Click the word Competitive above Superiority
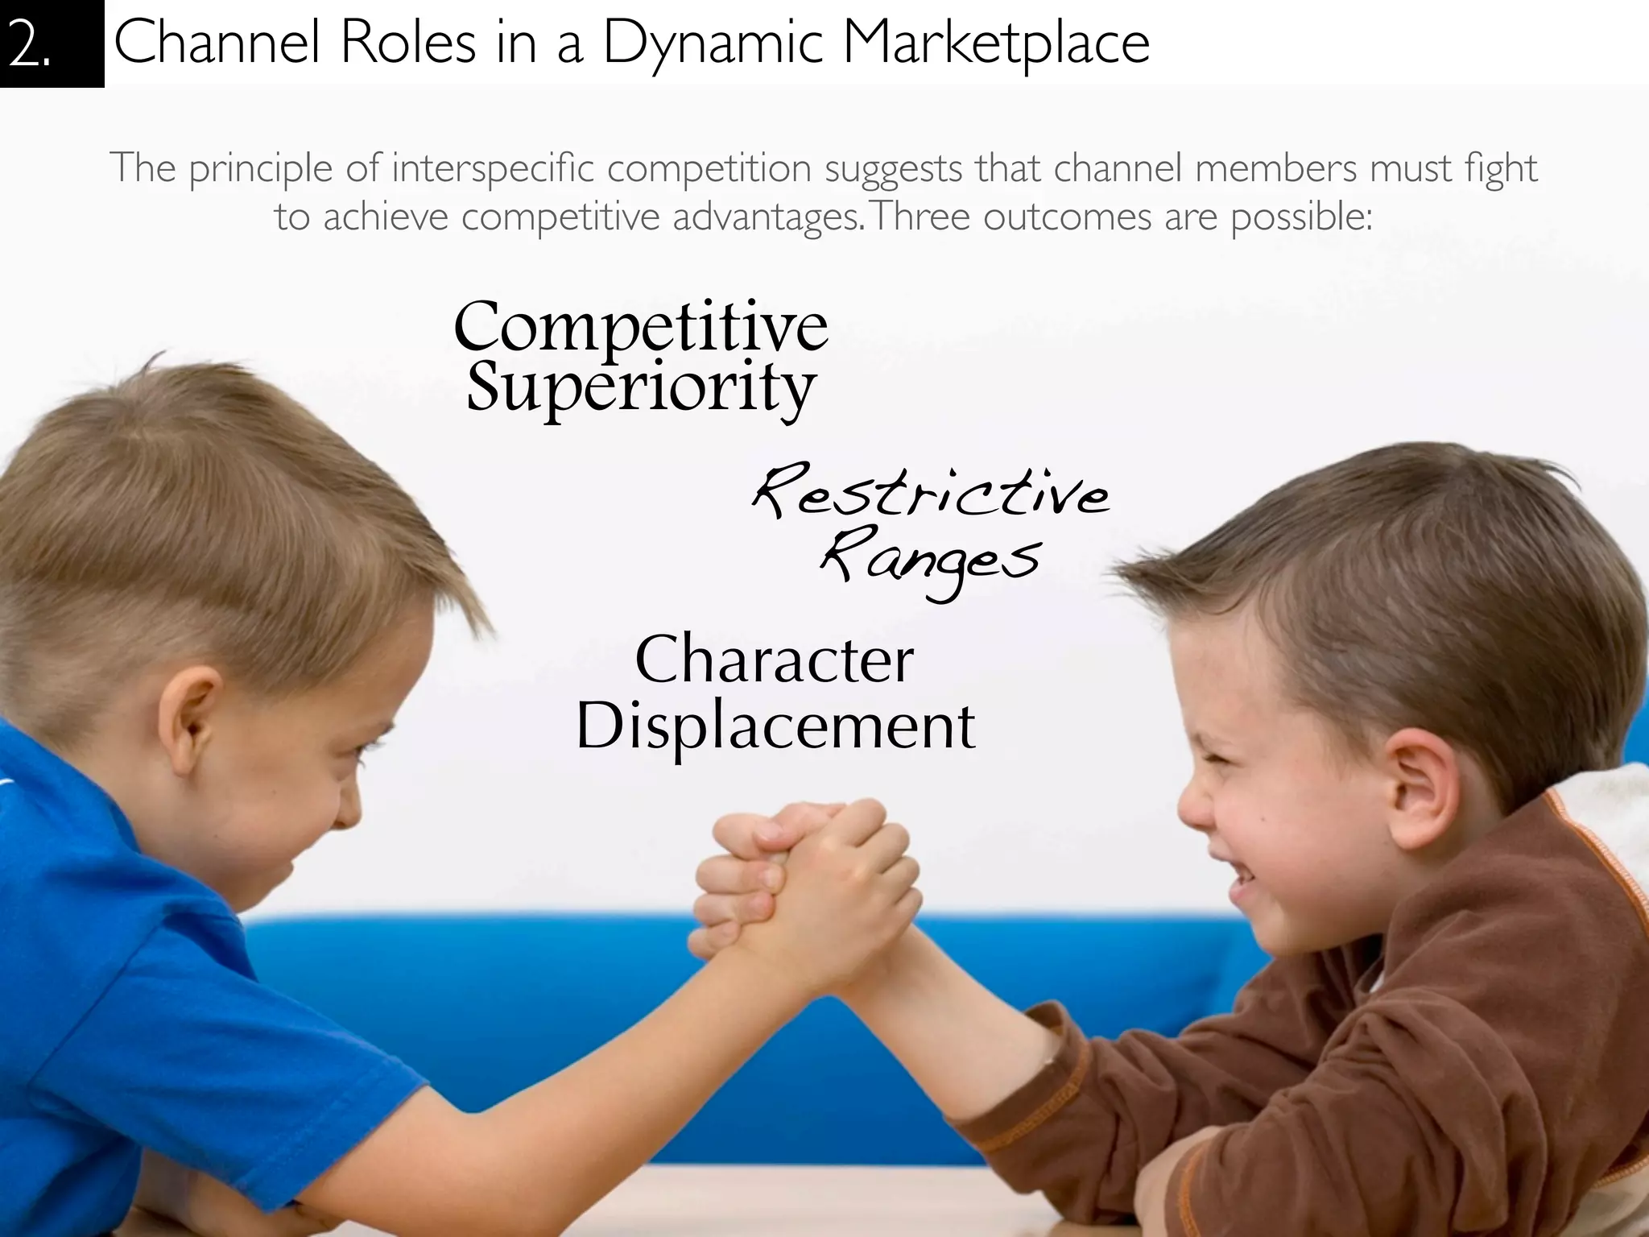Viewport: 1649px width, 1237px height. tap(641, 326)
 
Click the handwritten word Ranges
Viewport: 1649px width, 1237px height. tap(931, 560)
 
